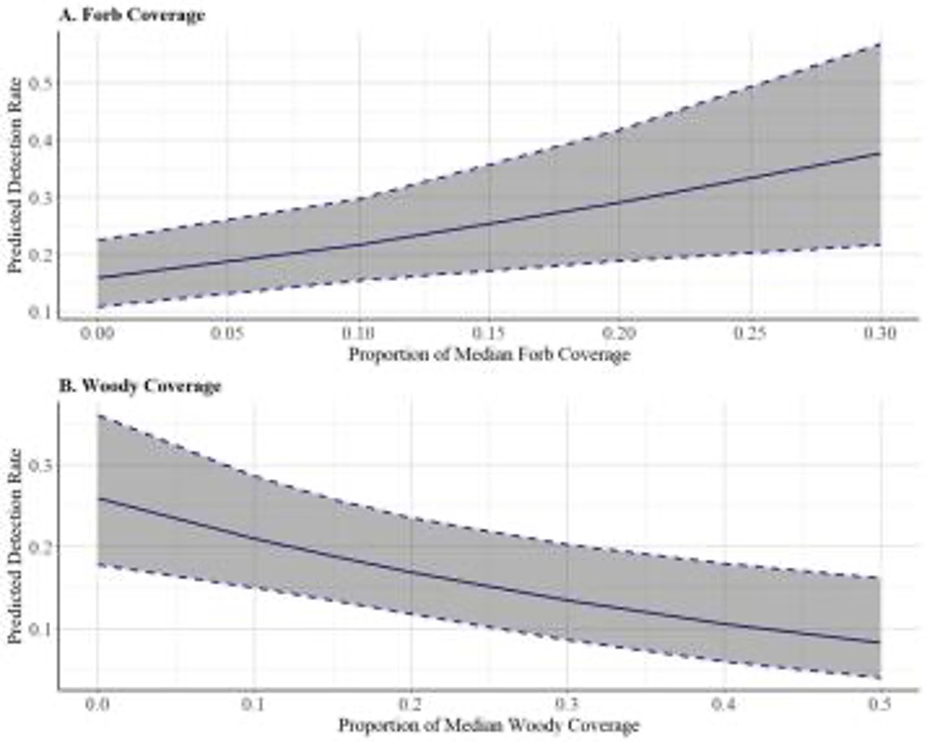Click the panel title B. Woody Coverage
(x=140, y=386)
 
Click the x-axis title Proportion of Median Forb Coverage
(x=489, y=355)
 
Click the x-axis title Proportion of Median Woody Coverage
(x=489, y=725)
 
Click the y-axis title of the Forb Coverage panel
(x=15, y=175)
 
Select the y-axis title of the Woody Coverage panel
(x=15, y=546)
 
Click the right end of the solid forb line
(x=879, y=154)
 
